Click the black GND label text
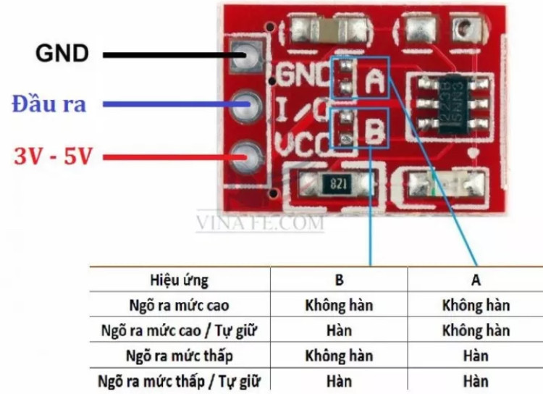pos(62,53)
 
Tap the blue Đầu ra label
pos(49,104)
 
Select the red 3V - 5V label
pos(53,155)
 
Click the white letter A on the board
pos(374,82)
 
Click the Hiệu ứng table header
pos(179,280)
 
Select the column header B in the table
pos(339,280)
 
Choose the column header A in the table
pos(476,280)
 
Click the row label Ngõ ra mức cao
pos(180,305)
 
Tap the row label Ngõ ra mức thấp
pos(180,356)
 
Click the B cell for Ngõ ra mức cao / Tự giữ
pos(339,330)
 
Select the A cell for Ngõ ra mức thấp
pos(476,356)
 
